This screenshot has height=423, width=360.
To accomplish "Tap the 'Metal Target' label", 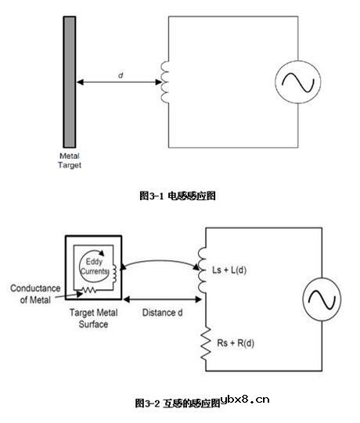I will coord(70,160).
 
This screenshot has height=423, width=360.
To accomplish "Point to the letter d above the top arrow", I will coord(120,74).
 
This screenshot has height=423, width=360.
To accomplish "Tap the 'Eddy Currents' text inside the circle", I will coord(94,267).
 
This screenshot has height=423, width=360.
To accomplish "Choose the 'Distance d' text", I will coord(164,313).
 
